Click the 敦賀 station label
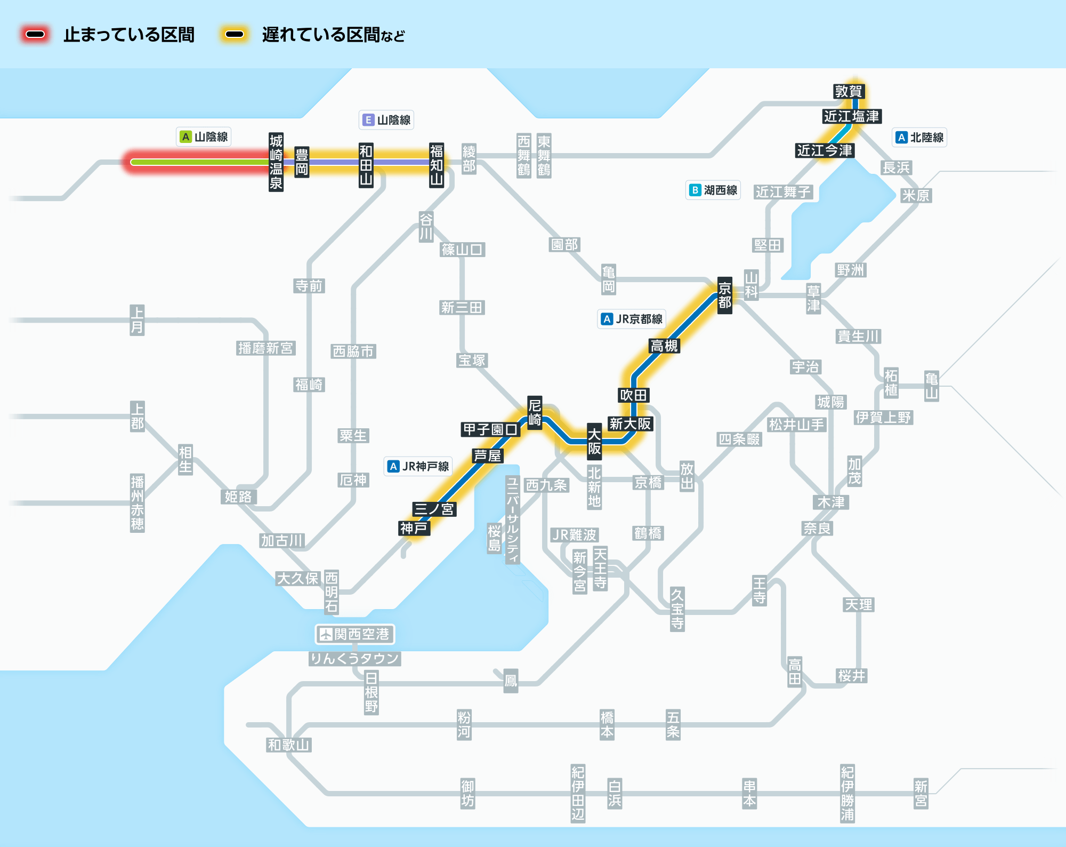(x=848, y=91)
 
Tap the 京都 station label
(x=724, y=295)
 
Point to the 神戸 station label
(x=414, y=528)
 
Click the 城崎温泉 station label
(x=276, y=162)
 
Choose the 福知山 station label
(x=437, y=165)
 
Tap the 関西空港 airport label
(x=355, y=634)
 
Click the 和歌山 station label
(x=289, y=745)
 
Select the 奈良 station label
(x=817, y=528)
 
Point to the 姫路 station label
(x=238, y=497)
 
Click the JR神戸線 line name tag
(x=418, y=466)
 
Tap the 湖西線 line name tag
(x=713, y=190)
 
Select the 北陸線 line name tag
(x=919, y=137)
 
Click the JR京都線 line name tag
(x=632, y=319)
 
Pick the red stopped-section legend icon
(x=35, y=35)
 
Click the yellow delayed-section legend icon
(x=235, y=35)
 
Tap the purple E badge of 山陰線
(x=368, y=120)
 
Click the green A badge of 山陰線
(x=185, y=137)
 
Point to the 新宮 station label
(x=921, y=794)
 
